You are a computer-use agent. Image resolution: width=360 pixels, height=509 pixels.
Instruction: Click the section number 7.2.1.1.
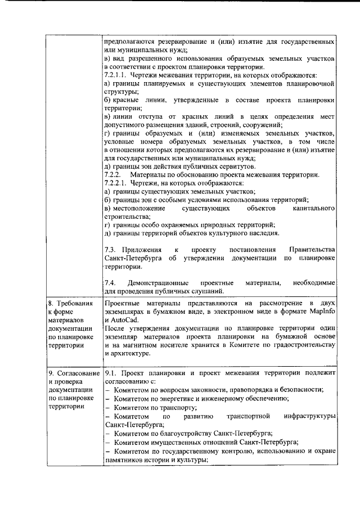click(x=117, y=75)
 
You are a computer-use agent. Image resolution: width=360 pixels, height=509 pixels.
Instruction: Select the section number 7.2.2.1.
click(x=117, y=183)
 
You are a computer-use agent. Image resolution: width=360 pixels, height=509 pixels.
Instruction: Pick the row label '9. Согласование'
click(x=73, y=372)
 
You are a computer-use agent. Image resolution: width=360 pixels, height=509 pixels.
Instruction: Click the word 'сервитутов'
click(x=238, y=166)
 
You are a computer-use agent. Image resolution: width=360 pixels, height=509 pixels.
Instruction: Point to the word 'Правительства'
click(x=312, y=249)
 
